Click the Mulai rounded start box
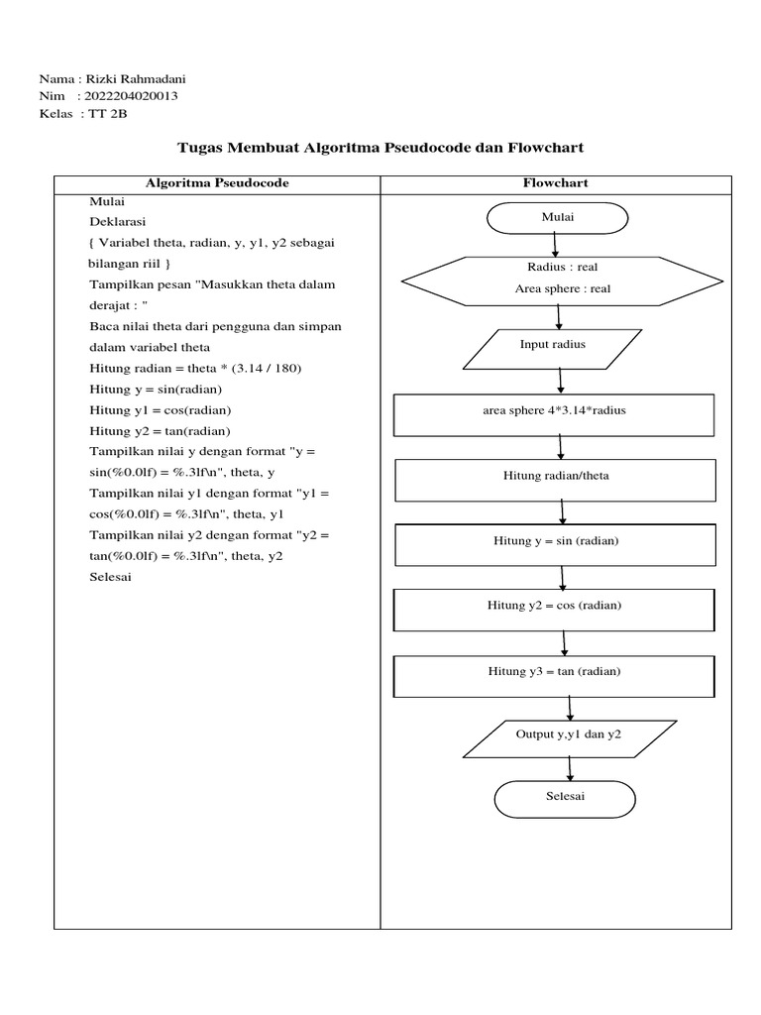click(557, 218)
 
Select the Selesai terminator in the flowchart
click(565, 798)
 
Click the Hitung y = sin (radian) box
click(555, 542)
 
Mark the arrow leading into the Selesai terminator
click(569, 769)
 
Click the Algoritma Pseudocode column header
click(217, 183)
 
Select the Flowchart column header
click(555, 183)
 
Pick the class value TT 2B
click(108, 114)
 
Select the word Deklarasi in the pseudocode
click(118, 220)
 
